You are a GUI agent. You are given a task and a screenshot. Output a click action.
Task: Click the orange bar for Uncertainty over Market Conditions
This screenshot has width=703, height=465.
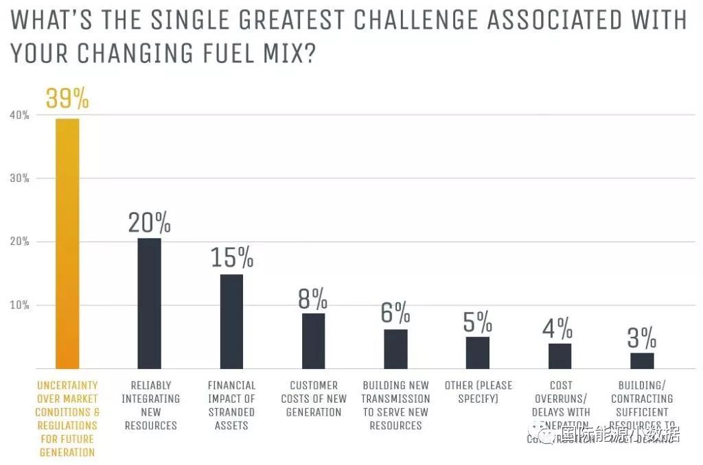click(67, 243)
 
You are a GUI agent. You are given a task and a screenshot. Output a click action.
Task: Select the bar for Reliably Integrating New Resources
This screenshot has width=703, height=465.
click(149, 303)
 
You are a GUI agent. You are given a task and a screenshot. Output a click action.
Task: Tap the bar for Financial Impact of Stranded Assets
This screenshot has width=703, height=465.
click(231, 321)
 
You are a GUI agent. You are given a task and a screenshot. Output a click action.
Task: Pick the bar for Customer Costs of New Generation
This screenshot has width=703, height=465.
click(313, 341)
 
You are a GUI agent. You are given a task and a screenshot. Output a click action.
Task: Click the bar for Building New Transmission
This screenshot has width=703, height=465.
click(395, 349)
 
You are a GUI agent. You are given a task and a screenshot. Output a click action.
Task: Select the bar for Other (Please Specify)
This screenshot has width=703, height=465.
click(477, 353)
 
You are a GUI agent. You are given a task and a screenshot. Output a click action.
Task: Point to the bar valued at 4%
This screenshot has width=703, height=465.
click(560, 356)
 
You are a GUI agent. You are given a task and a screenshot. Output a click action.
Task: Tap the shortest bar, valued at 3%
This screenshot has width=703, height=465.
click(642, 360)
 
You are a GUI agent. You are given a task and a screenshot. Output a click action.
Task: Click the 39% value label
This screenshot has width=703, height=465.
click(67, 99)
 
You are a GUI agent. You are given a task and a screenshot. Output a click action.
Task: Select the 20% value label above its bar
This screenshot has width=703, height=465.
click(149, 222)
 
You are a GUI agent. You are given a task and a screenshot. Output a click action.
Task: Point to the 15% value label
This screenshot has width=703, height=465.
click(231, 257)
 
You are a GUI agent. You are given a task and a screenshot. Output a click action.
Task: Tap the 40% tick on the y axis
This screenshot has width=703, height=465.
click(19, 115)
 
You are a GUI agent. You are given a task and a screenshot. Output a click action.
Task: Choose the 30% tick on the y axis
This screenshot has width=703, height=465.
click(19, 178)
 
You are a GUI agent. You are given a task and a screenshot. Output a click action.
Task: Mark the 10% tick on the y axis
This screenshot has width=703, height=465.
click(19, 305)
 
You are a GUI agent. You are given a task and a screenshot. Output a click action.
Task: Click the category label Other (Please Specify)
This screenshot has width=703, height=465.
click(477, 392)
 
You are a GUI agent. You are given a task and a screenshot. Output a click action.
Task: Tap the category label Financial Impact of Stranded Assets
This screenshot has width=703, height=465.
click(231, 405)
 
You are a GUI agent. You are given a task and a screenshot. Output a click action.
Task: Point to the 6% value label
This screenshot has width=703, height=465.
click(395, 313)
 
